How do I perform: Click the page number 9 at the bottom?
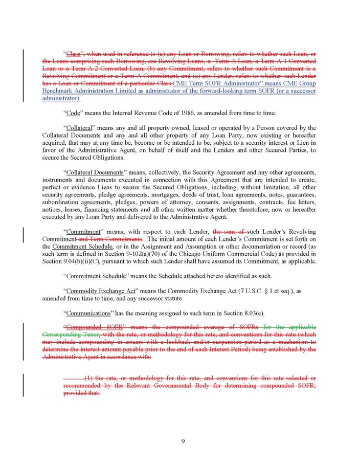183,441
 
